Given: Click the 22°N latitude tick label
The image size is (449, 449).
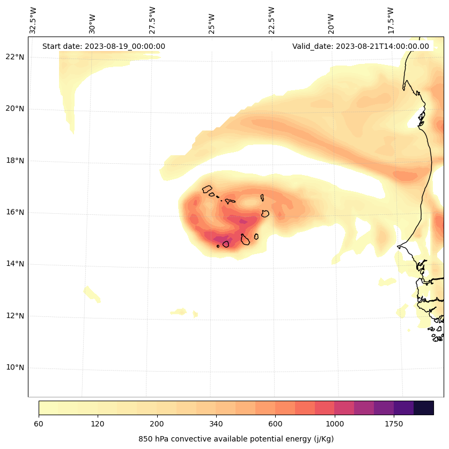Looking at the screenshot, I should coord(14,57).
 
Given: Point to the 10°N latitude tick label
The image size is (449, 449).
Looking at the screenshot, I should coord(14,368).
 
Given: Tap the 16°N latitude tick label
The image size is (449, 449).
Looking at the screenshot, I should coord(14,212).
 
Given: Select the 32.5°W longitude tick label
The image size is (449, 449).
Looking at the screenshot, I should coord(33,20).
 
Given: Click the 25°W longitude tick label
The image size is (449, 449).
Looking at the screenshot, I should coord(212,24).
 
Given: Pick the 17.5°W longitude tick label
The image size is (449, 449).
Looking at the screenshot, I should coord(391,20).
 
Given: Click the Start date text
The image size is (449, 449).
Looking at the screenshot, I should coord(104,46).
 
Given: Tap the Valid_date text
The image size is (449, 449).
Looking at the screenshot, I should coord(360,46).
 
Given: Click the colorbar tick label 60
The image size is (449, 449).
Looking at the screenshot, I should coord(39,424).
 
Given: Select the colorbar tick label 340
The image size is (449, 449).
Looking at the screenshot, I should coord(216,424).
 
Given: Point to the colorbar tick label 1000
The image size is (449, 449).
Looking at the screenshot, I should coord(335,424).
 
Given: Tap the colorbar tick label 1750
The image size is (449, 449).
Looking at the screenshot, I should coord(394,424).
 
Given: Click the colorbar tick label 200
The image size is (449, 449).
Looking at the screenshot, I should coord(157,424).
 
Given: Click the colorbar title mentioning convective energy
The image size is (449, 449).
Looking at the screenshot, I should coord(236,439).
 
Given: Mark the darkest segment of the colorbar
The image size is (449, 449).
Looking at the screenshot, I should coord(424,408).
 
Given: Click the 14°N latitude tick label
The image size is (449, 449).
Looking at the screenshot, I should coord(14,264).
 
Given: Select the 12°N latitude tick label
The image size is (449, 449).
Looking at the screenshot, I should coord(14,316).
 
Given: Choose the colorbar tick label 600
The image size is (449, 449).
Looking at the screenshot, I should coord(275,424).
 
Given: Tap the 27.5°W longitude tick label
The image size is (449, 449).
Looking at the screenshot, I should coord(152,20).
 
